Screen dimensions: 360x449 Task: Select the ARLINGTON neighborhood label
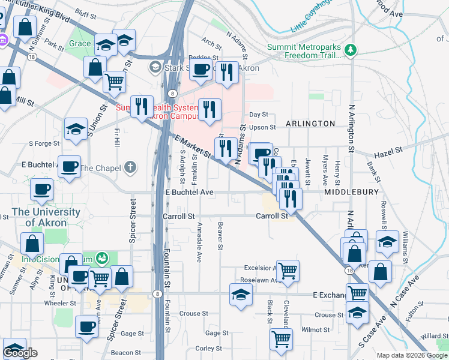(x=310, y=123)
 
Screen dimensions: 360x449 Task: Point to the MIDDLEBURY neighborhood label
(x=352, y=192)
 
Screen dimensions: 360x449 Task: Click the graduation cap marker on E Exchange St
(x=241, y=295)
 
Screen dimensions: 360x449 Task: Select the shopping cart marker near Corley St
(x=280, y=339)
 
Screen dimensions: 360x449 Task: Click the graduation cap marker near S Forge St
(x=76, y=129)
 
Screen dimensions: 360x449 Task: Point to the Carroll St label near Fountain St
(x=179, y=216)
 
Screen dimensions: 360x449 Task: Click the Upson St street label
(x=262, y=127)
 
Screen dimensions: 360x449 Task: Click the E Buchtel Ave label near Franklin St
(x=189, y=193)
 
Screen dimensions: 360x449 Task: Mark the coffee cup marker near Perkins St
(x=201, y=70)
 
